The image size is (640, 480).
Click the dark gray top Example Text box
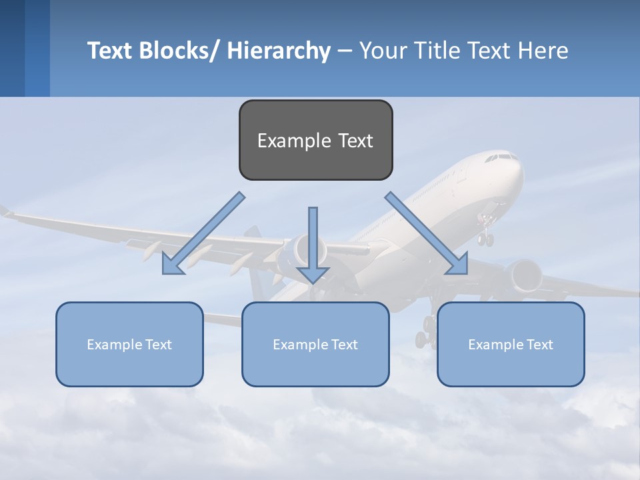pos(315,140)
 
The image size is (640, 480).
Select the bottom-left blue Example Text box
pos(129,344)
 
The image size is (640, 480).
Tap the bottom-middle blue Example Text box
pos(315,344)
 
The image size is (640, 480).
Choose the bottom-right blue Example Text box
pos(511,344)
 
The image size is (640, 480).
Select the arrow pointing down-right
pos(427,233)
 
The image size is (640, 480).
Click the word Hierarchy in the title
pos(279,51)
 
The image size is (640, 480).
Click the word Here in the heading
pos(545,51)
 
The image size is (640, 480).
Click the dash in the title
pos(345,51)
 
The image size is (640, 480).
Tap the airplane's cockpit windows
pos(501,158)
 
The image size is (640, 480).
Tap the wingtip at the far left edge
pos(5,211)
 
